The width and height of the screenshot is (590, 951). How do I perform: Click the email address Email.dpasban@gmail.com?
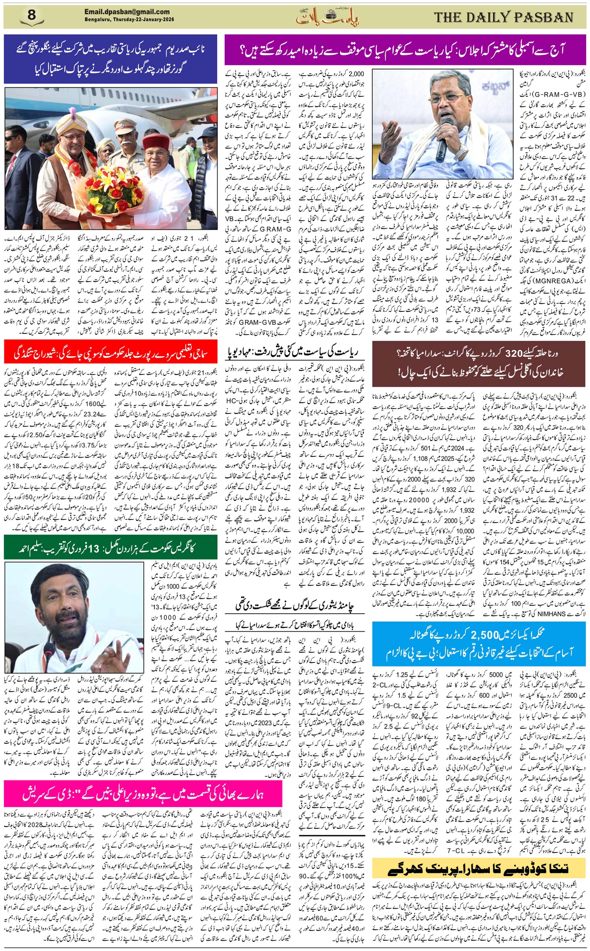coord(127,12)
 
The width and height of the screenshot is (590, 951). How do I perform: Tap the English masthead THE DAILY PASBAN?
coord(503,17)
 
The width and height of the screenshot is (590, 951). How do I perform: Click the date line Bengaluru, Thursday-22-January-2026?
coord(129,20)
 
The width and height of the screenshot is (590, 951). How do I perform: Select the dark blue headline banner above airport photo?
coord(110,59)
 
